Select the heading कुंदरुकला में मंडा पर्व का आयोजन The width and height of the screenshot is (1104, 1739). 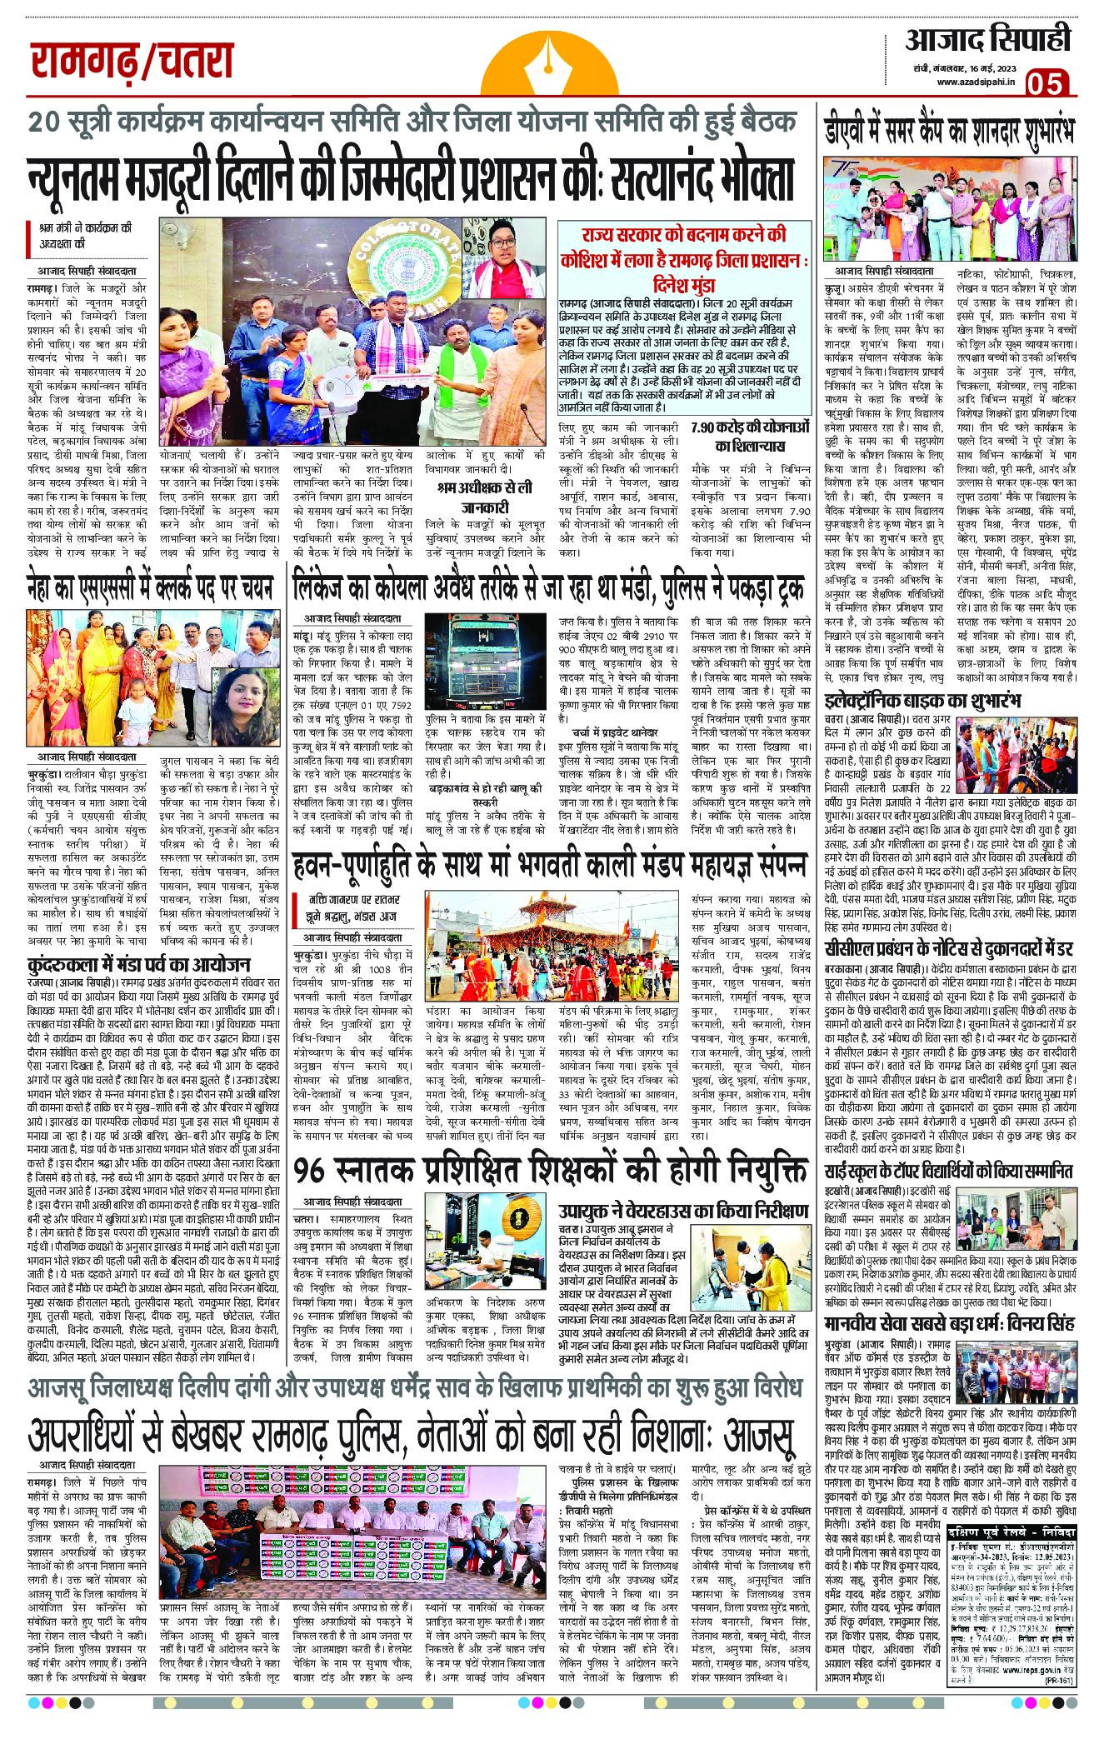tap(138, 965)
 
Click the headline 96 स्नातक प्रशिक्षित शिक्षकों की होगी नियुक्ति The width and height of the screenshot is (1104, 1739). tap(551, 1170)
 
